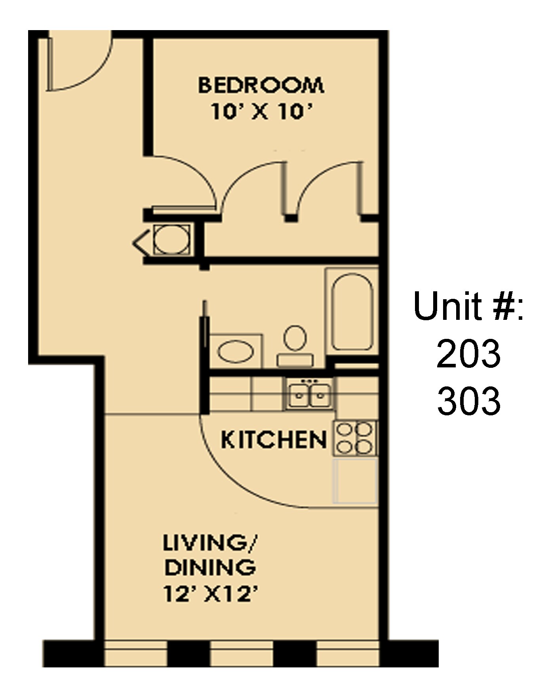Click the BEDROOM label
click(x=261, y=85)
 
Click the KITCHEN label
click(x=274, y=440)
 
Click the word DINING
click(x=210, y=568)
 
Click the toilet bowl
click(x=295, y=338)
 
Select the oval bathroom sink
click(x=235, y=352)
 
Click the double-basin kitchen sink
click(x=309, y=394)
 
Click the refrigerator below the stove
click(x=355, y=480)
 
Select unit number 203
click(x=468, y=354)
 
